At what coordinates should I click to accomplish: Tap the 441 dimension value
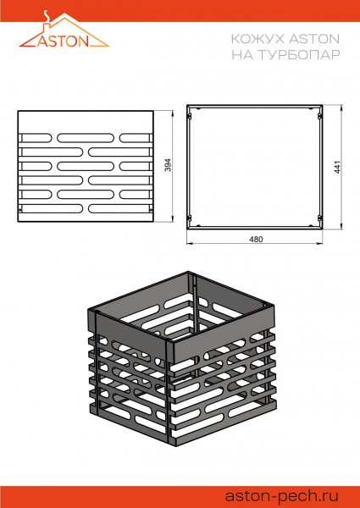point(336,166)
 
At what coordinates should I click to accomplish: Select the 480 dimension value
point(256,240)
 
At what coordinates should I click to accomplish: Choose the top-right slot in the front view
point(134,137)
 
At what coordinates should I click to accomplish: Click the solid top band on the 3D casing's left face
point(127,326)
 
